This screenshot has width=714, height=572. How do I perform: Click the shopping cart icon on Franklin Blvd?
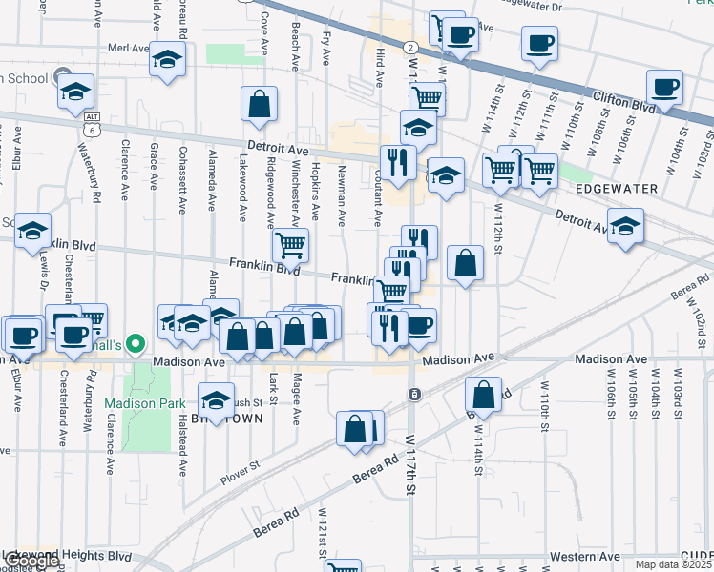coord(290,246)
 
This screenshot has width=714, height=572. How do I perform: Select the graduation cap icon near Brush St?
coord(217,398)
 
